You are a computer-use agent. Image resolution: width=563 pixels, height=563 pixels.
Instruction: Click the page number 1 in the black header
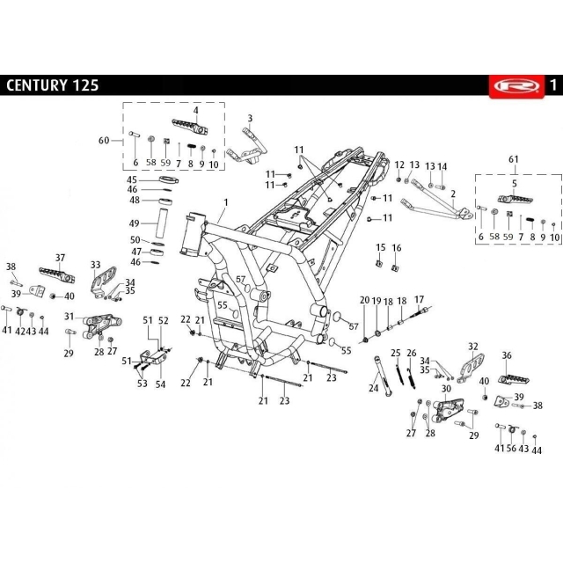[x=552, y=85]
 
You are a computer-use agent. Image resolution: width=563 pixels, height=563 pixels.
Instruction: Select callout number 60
[x=104, y=141]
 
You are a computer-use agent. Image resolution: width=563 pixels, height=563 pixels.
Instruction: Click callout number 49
[x=135, y=223]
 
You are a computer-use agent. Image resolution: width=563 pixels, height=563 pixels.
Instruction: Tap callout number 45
[x=133, y=179]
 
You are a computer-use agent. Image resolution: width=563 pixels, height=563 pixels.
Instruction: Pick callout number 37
[x=61, y=258]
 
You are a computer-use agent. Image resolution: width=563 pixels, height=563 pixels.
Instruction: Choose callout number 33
[x=96, y=264]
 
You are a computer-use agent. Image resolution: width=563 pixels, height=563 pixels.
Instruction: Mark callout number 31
[x=68, y=317]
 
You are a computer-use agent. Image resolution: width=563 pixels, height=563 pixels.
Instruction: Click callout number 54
[x=160, y=384]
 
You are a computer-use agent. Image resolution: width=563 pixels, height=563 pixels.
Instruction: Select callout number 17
[x=420, y=300]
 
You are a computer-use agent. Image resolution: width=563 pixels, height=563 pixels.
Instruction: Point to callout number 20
[x=364, y=301]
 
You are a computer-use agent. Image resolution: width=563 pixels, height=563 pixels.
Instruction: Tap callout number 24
[x=373, y=387]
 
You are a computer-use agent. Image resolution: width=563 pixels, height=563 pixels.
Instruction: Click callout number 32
[x=473, y=347]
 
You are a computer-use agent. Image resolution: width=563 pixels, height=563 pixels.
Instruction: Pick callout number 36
[x=507, y=355]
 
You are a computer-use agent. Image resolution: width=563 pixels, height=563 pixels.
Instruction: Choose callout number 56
[x=511, y=449]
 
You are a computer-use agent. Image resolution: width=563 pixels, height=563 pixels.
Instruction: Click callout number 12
[x=398, y=165]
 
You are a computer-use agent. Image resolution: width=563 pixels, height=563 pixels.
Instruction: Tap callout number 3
[x=250, y=118]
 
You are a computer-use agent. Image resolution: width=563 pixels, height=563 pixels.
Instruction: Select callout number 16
[x=397, y=248]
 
